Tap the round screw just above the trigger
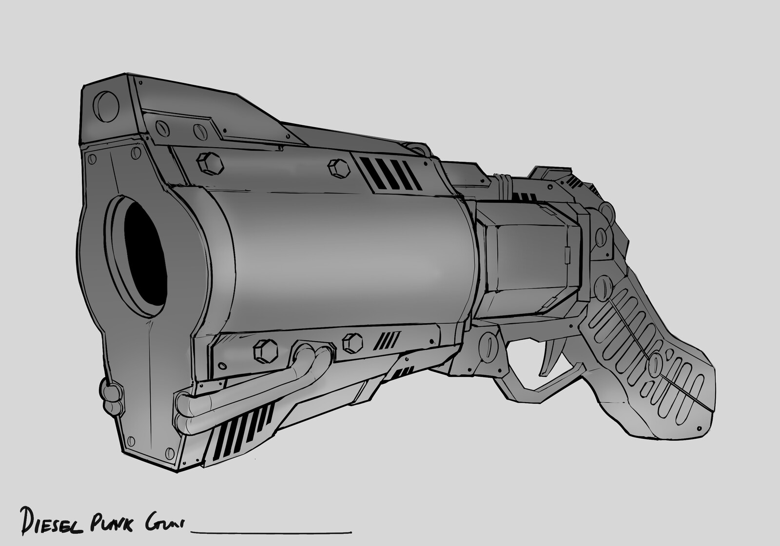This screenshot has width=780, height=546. coord(489,347)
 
